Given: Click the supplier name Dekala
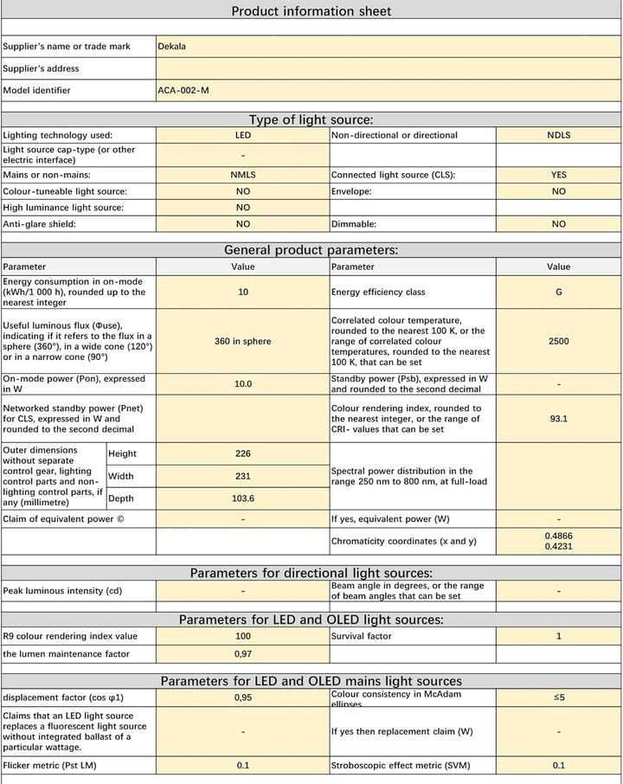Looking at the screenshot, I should pos(171,47).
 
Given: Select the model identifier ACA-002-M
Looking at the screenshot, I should pos(183,90).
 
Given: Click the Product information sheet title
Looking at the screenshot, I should pos(311,11).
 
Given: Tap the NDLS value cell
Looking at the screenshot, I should pos(558,136).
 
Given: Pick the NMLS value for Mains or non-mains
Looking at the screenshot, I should pos(243,175).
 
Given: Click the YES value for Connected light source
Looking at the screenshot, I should pos(558,175).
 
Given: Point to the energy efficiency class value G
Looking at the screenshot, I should pos(558,292).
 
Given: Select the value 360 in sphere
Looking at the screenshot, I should pos(243,341).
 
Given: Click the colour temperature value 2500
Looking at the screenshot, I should pos(558,341).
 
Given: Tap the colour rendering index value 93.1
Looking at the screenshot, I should pos(558,419).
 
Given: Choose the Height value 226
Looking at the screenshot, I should pos(243,453).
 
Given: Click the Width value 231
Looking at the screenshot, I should pos(243,476).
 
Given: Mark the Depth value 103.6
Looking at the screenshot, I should pos(243,498).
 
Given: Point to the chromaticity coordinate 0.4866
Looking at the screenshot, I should pos(558,536).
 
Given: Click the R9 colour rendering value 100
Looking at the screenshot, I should pos(243,636).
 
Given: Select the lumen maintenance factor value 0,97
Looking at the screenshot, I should pos(243,654).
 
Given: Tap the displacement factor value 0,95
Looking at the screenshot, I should pos(243,697).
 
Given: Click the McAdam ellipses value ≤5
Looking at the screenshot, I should pos(558,697).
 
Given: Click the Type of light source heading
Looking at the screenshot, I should pos(311,120).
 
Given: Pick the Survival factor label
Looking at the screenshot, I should pos(361,636).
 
